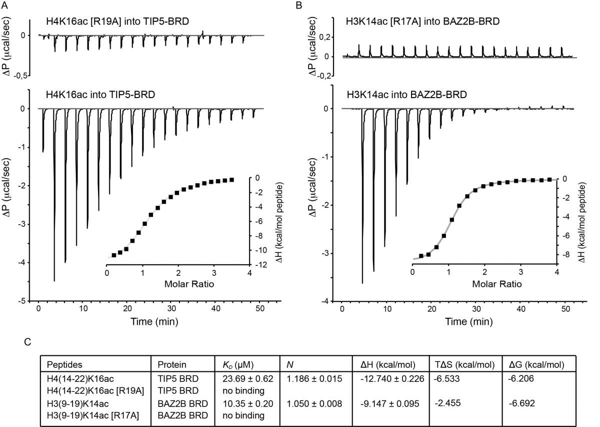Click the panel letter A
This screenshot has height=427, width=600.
pyautogui.click(x=4, y=5)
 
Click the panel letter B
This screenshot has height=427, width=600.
pyautogui.click(x=299, y=5)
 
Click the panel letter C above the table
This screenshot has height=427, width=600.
pyautogui.click(x=27, y=342)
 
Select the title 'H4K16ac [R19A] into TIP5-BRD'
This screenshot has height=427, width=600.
pyautogui.click(x=117, y=21)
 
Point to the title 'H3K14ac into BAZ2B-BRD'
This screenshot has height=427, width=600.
pyautogui.click(x=407, y=95)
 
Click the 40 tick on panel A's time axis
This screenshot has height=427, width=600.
pyautogui.click(x=215, y=309)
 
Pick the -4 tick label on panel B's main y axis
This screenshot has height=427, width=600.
pyautogui.click(x=325, y=301)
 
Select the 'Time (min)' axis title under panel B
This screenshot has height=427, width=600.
pyautogui.click(x=469, y=321)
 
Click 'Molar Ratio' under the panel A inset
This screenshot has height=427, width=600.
pyautogui.click(x=189, y=284)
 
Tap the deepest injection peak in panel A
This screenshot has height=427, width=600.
pyautogui.click(x=54, y=280)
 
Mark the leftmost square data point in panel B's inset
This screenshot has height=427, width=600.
pyautogui.click(x=421, y=256)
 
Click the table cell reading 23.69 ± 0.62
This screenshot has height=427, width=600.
pyautogui.click(x=248, y=379)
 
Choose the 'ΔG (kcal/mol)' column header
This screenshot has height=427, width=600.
pyautogui.click(x=536, y=364)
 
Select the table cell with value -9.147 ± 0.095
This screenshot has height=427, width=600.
pyautogui.click(x=389, y=403)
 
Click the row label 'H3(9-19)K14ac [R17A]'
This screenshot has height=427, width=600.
pyautogui.click(x=93, y=415)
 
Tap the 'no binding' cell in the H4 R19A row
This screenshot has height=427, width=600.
pyautogui.click(x=243, y=391)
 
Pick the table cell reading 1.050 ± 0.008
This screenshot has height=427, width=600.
pyautogui.click(x=314, y=403)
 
